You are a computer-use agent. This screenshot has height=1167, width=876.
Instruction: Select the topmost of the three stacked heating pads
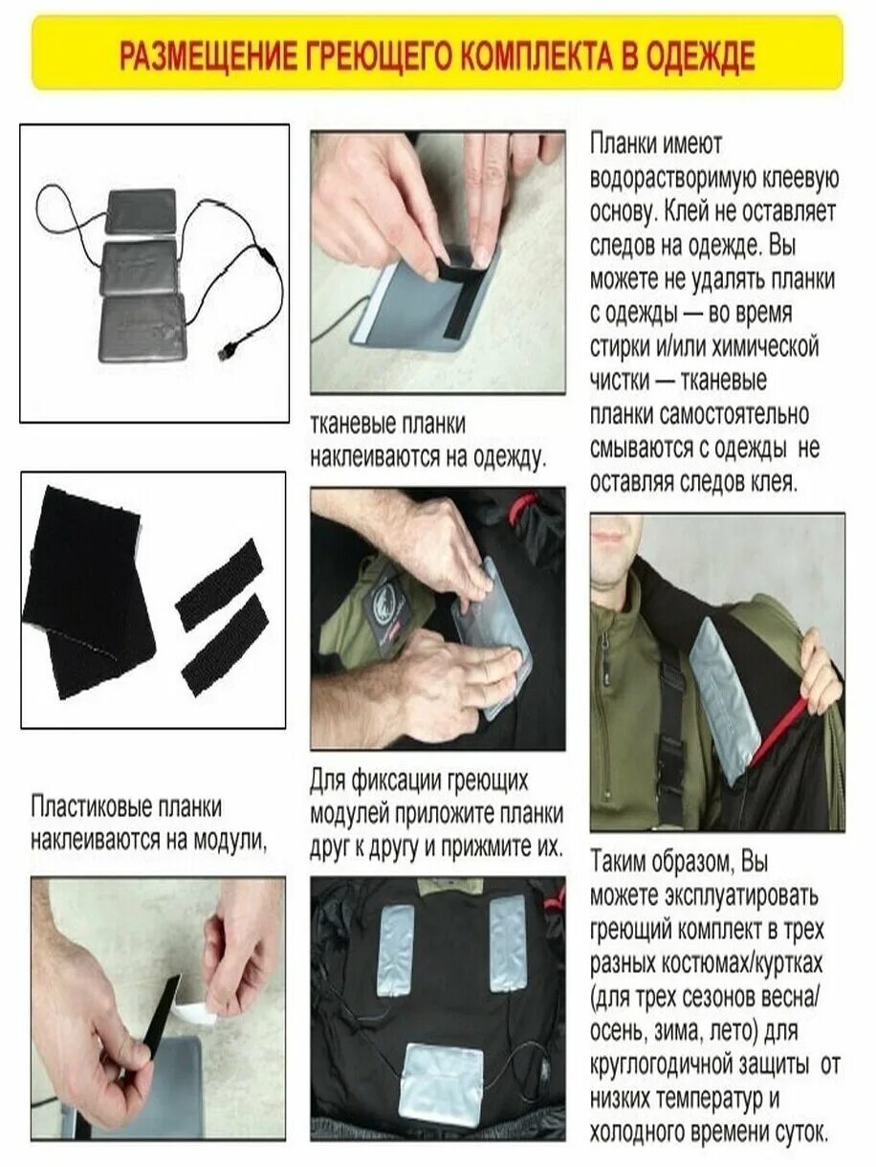click(142, 211)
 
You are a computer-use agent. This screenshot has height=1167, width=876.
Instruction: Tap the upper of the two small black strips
click(219, 583)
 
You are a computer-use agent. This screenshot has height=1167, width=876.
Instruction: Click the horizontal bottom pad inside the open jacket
click(442, 1086)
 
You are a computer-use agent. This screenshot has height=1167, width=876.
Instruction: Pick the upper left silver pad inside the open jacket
click(395, 950)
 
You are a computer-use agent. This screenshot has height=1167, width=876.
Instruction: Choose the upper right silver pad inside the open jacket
click(507, 942)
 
